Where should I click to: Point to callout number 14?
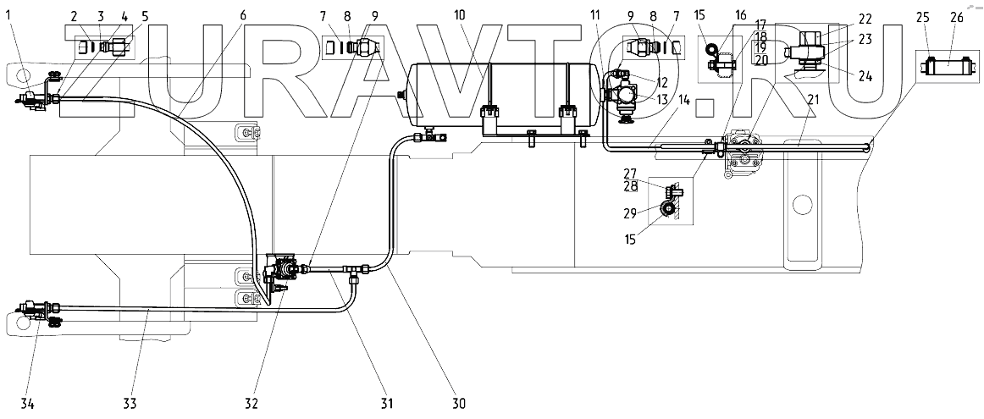pyautogui.click(x=684, y=100)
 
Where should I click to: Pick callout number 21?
pyautogui.click(x=813, y=100)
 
